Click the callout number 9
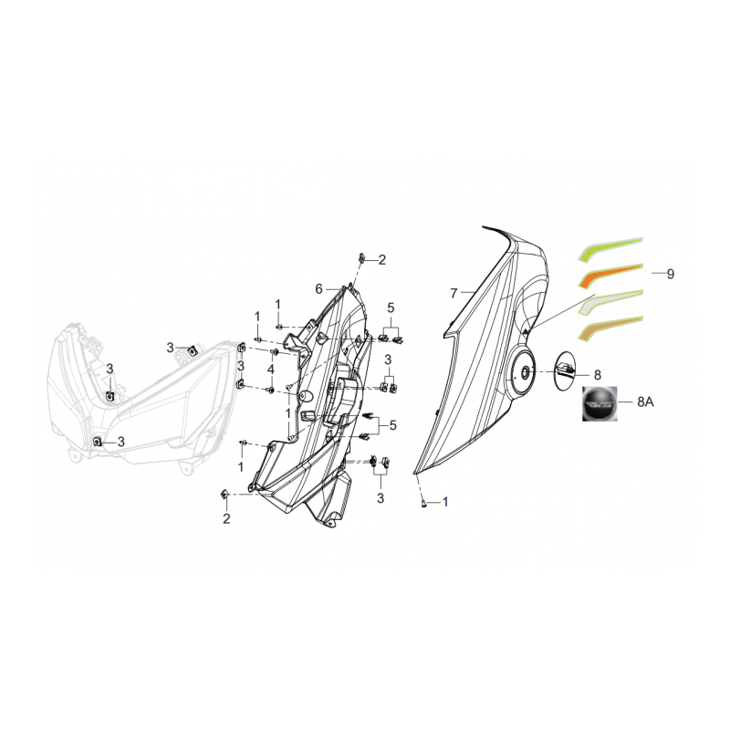point(670,274)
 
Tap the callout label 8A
point(645,401)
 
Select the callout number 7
point(454,293)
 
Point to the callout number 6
point(318,289)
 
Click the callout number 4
point(270,370)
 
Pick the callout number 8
point(598,375)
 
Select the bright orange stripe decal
point(610,275)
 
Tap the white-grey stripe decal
point(610,301)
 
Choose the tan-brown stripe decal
point(610,328)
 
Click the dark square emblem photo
point(600,403)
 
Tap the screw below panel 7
point(423,503)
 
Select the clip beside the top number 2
point(361,257)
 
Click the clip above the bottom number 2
point(224,495)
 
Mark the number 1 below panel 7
point(445,502)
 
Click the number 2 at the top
point(381,260)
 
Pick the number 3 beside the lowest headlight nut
point(121,442)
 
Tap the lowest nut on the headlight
point(98,442)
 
